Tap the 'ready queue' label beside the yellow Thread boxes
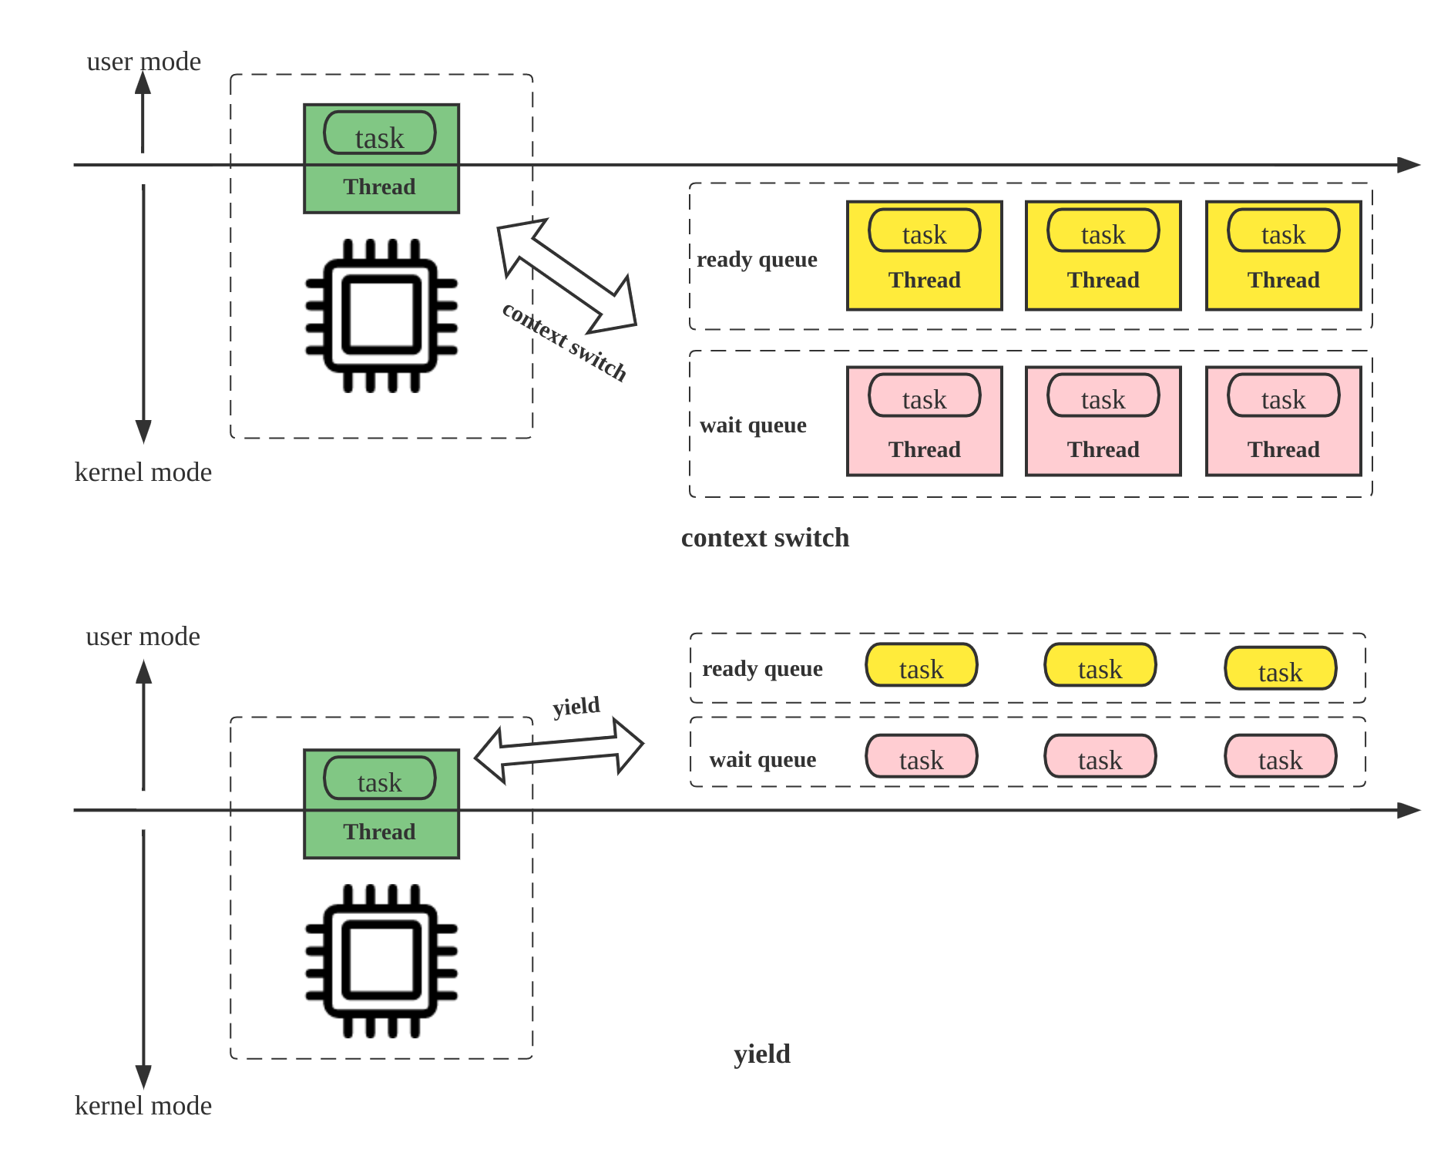click(757, 260)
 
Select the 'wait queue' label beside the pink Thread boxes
click(753, 425)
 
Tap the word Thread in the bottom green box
click(379, 832)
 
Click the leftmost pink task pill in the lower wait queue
click(921, 757)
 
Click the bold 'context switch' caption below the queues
click(765, 538)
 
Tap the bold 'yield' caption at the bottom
click(761, 1054)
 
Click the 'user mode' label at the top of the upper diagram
click(143, 62)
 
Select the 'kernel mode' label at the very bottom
click(143, 1106)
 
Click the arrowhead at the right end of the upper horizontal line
click(1409, 165)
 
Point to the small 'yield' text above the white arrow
click(576, 706)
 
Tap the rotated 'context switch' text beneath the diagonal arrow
click(564, 342)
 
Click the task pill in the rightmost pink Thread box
click(1283, 396)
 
